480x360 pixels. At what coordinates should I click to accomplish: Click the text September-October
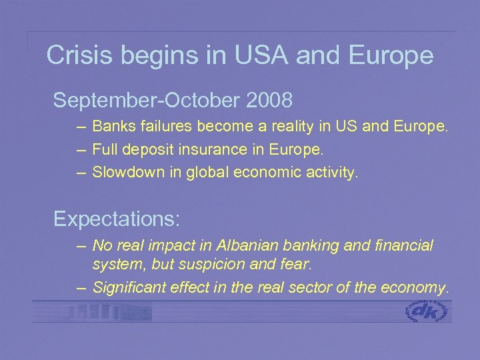point(147,101)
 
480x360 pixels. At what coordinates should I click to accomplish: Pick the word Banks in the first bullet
point(111,125)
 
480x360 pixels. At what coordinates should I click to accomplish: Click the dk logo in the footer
point(428,311)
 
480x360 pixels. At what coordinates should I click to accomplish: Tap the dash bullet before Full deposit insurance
point(81,149)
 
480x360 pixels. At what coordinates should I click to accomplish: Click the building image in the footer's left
point(107,311)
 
